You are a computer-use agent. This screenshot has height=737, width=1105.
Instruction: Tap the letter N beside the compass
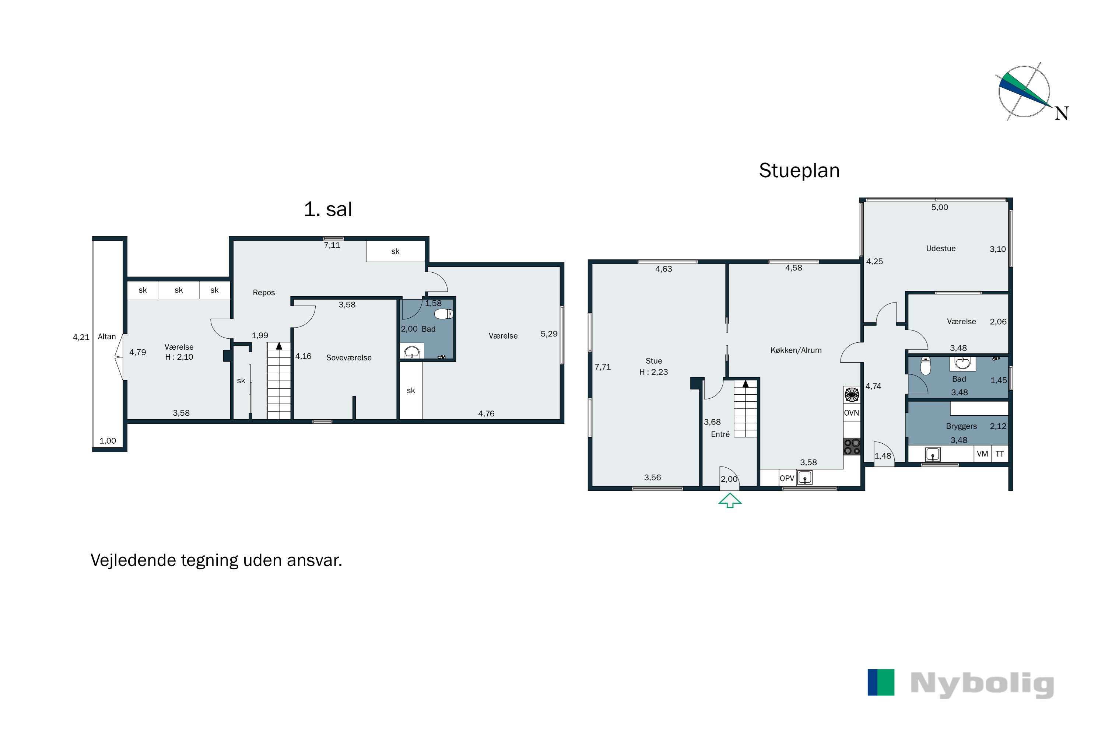pos(1061,113)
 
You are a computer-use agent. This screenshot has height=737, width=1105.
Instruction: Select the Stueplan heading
pos(799,171)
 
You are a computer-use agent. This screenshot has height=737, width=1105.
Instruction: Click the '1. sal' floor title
pos(328,209)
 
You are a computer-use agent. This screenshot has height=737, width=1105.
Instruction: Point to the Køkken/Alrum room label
pos(796,350)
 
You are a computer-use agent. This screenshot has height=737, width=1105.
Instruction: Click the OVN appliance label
pos(851,413)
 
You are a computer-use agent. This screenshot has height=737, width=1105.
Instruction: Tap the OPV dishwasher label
pos(787,478)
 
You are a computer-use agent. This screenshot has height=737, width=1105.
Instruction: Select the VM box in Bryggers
pos(982,454)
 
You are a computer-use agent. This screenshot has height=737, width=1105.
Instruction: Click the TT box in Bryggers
pos(1000,454)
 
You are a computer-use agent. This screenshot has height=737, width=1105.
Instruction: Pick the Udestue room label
pos(941,249)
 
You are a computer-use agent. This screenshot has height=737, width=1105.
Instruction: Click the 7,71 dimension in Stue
pos(603,367)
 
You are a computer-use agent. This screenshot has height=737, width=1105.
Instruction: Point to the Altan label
pos(107,336)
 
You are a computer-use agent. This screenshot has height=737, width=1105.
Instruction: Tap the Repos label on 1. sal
pos(264,292)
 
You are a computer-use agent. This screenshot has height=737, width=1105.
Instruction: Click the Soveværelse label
pos(348,358)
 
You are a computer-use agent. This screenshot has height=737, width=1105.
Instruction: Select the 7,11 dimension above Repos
pos(332,245)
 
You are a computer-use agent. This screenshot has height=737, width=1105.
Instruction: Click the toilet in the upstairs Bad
pos(443,314)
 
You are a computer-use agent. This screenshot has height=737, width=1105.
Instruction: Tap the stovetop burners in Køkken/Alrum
pos(852,447)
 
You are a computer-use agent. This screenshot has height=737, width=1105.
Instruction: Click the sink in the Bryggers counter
pos(933,454)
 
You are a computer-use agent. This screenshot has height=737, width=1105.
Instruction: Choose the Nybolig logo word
pos(982,684)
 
